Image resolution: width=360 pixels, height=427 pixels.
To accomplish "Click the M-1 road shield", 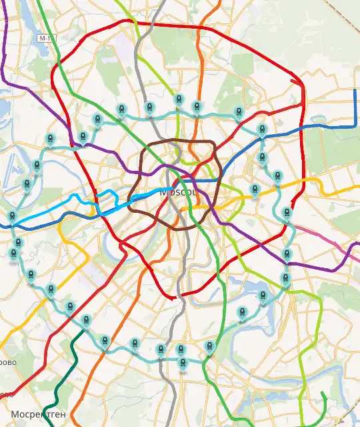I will tap(45, 39).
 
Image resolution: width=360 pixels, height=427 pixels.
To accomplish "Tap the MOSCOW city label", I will tap(179, 191).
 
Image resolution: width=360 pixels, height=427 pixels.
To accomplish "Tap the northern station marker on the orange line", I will tap(197, 107).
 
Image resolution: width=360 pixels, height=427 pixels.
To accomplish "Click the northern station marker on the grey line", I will tap(149, 108).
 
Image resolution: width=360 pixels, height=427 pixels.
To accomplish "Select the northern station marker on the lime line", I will tap(178, 101).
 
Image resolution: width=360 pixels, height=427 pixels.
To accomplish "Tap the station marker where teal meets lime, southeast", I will tap(285, 278).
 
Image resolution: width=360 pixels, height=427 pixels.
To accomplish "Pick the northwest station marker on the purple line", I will tap(83, 137).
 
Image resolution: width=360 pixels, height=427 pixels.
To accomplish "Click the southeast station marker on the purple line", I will tap(287, 254).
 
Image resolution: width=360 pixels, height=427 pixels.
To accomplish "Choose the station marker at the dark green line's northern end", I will tap(86, 321).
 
